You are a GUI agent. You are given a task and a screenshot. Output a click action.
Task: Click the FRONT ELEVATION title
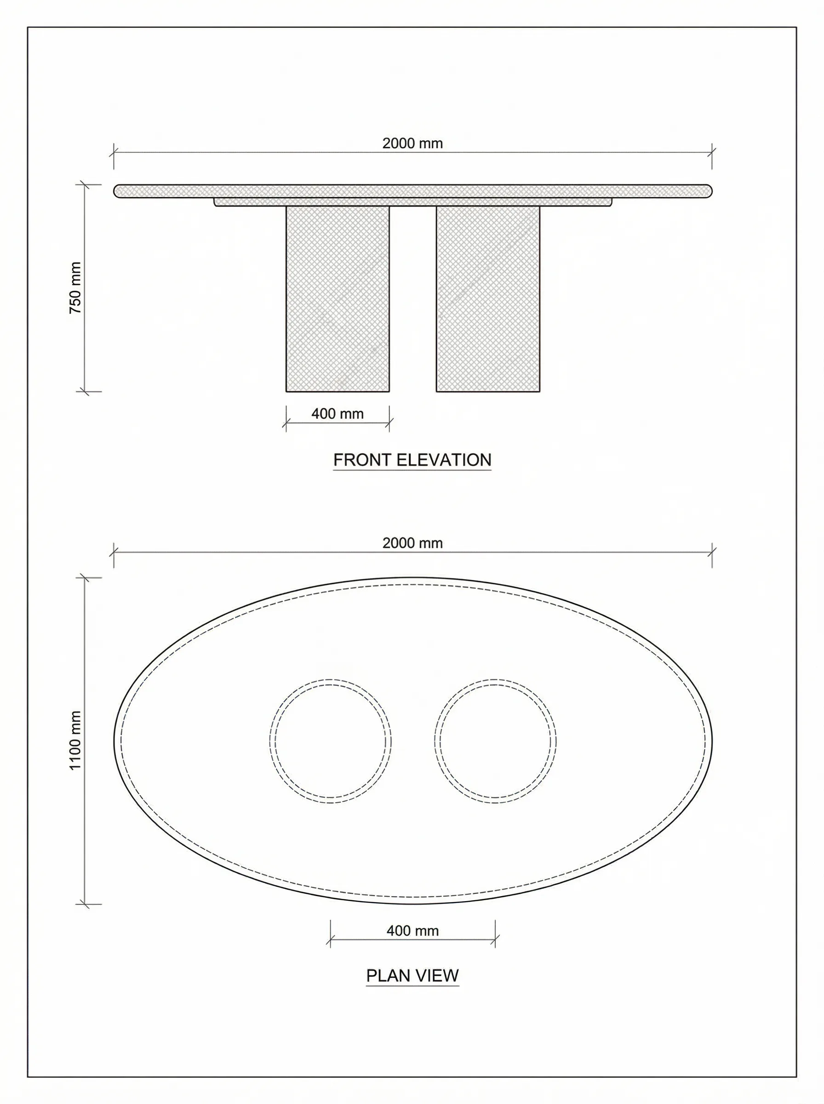pos(412,460)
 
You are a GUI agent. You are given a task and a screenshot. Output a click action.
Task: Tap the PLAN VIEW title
pos(412,975)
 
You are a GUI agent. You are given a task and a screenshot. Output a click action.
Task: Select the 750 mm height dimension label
pos(75,288)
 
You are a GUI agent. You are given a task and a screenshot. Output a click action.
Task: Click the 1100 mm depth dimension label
pos(75,740)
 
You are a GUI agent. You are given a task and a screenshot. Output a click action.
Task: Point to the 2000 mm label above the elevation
pos(412,143)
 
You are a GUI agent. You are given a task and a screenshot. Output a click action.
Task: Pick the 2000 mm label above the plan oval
pos(412,543)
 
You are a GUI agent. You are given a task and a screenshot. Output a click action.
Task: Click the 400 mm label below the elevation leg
pos(337,414)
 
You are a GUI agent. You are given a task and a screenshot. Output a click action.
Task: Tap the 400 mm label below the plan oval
pos(412,931)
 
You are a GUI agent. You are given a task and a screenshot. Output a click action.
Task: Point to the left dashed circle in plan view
pos(330,741)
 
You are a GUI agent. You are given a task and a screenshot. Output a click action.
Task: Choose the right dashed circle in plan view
pos(495,741)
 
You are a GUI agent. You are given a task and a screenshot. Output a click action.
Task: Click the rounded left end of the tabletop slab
pos(118,191)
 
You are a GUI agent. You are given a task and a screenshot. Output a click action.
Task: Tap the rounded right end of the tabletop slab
pos(707,191)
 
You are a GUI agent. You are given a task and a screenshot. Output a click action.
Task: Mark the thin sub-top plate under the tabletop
pos(412,202)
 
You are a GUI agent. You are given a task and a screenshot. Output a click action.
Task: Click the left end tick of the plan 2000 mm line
pos(114,552)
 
